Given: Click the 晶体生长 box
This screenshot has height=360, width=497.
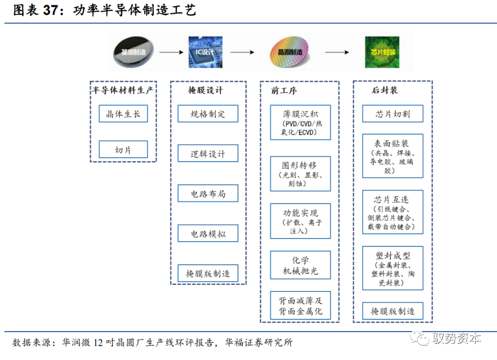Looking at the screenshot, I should coord(123,113).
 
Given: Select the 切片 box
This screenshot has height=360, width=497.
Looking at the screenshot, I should coord(123,150).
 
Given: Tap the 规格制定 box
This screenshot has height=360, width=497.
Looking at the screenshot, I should coord(208,114).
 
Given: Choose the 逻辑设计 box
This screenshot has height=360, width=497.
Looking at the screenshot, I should coord(208,153).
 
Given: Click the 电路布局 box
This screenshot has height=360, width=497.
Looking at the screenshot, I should coord(208,193).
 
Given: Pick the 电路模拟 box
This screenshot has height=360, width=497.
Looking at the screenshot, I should coord(208,233).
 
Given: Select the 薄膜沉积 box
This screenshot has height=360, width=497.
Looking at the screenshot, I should coord(300,122).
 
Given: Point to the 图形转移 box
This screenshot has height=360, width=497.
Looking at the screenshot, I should coord(300,174).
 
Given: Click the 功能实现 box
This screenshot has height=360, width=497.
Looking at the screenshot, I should coord(300,221).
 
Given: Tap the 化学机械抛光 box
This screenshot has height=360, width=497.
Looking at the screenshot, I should coord(300,265).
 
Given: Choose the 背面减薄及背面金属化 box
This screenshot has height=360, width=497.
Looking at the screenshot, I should coord(300,306).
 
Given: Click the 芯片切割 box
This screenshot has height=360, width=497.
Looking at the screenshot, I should coord(393,114).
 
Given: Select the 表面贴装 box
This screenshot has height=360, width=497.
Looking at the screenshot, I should coord(393,156).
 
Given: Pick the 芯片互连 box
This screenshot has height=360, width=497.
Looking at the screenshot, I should coord(393,212).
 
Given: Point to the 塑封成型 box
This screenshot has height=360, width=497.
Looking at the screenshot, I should coord(393,268).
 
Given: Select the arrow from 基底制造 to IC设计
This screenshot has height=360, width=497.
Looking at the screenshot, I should coord(171,52).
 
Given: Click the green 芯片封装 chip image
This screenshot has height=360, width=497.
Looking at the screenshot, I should coord(383,52).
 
